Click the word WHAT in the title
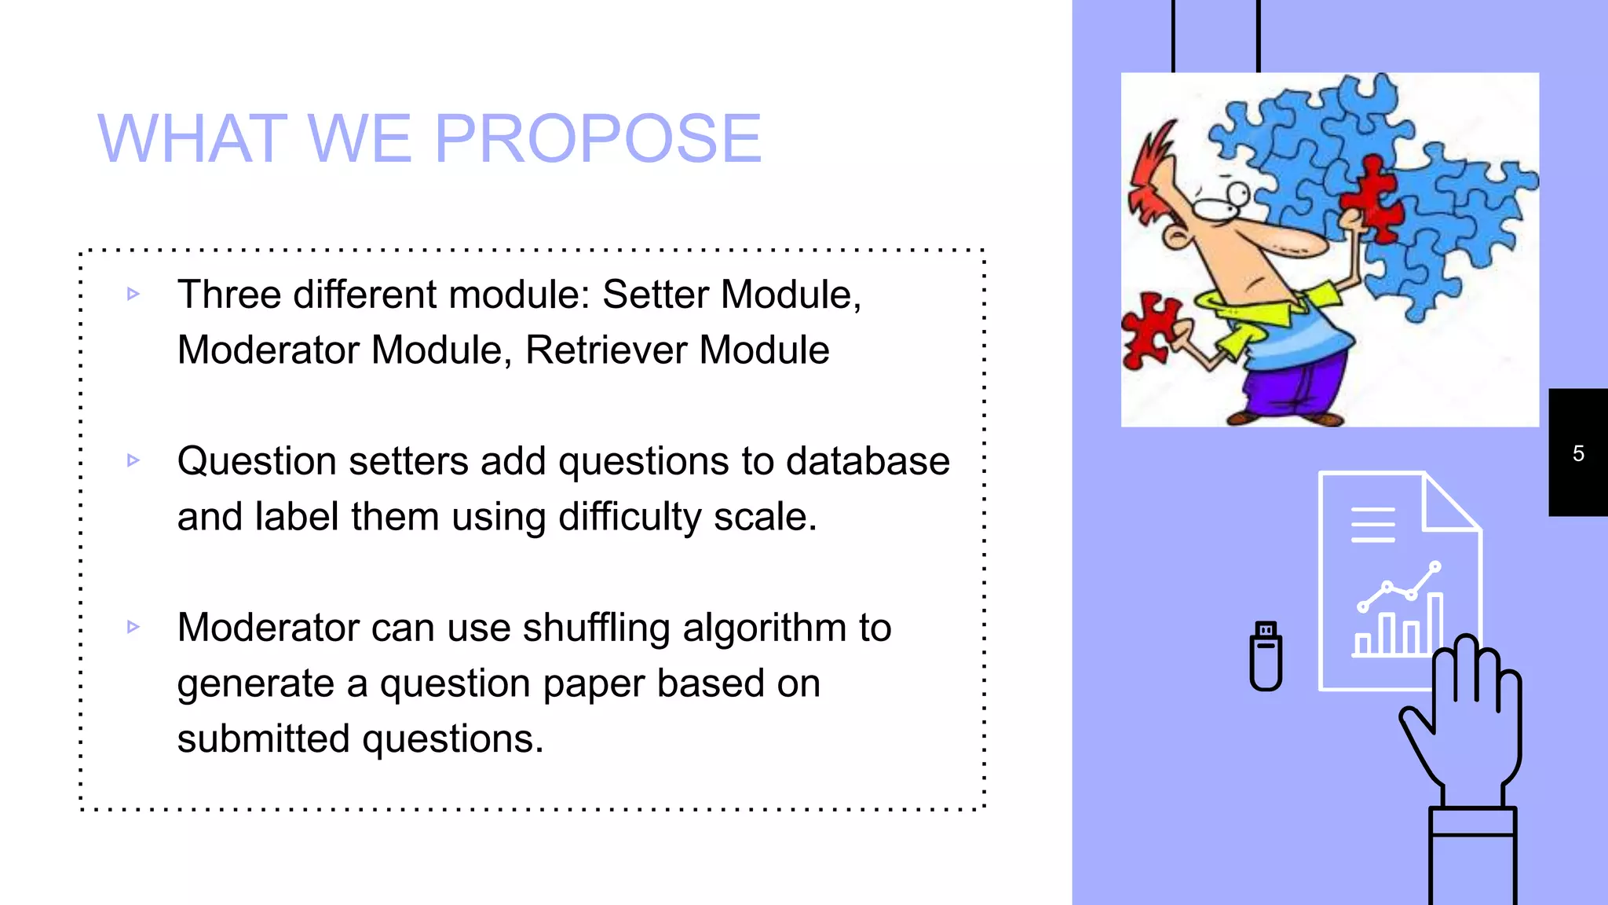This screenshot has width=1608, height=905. point(192,139)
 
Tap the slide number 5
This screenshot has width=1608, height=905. point(1578,453)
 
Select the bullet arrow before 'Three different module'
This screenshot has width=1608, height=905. point(133,295)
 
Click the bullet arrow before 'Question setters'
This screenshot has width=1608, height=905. point(133,460)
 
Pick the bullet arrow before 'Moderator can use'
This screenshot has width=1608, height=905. point(133,627)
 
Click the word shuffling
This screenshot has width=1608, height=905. point(596,628)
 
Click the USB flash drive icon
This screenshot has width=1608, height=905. point(1266,657)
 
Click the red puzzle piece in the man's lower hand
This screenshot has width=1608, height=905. point(1149,330)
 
